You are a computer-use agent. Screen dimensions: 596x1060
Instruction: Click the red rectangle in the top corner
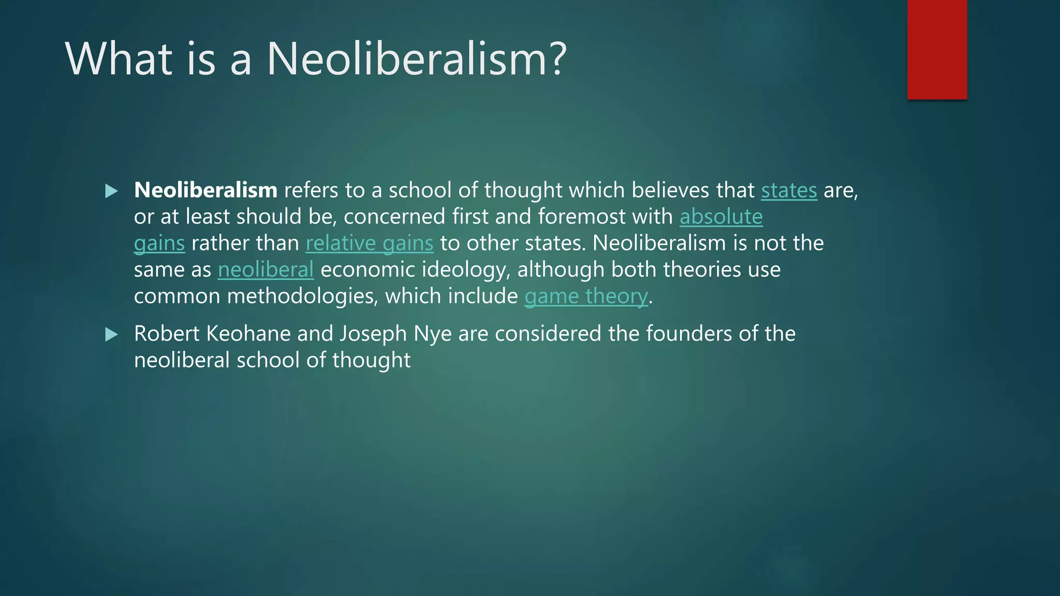coord(937,50)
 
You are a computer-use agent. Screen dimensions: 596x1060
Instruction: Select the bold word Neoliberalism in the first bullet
coord(205,190)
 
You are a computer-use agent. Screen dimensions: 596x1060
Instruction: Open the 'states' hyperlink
coord(789,190)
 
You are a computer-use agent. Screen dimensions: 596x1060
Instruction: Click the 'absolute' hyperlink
coord(721,217)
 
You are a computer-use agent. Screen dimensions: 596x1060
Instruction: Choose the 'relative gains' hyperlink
coord(370,243)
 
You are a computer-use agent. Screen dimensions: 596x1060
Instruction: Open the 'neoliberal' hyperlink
coord(266,270)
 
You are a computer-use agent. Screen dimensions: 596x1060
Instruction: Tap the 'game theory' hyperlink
coord(586,296)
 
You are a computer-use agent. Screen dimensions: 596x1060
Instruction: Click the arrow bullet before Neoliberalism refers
coord(111,191)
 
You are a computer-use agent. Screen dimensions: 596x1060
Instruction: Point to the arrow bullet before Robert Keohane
coord(111,335)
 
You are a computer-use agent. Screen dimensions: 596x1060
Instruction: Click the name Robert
coord(167,334)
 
